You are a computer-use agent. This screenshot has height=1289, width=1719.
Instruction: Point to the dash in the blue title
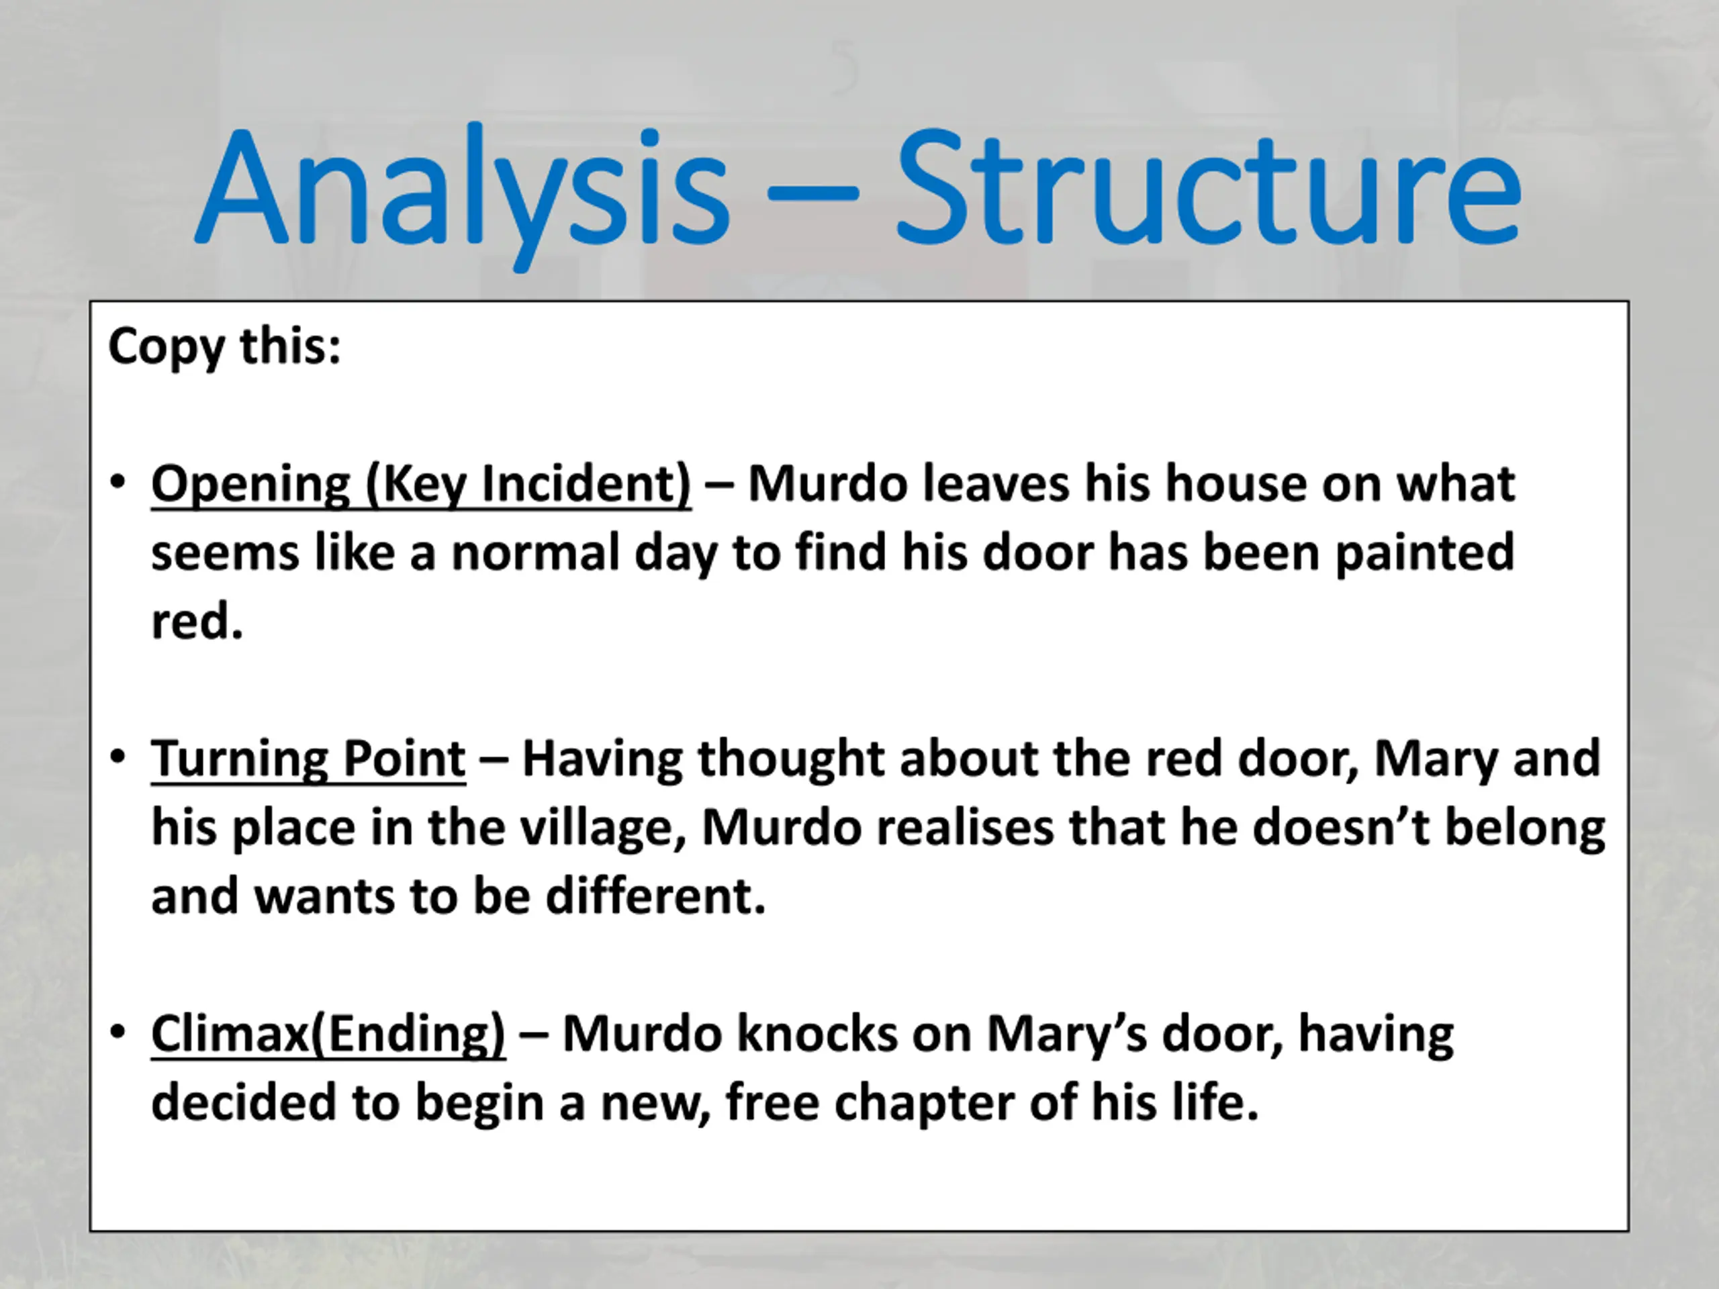(812, 191)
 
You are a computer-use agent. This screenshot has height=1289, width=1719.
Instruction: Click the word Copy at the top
(166, 347)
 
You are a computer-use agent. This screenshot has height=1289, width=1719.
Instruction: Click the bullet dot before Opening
(118, 483)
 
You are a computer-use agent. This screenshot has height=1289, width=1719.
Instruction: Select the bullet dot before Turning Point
(118, 757)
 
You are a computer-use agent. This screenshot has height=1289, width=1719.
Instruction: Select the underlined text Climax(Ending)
(328, 1036)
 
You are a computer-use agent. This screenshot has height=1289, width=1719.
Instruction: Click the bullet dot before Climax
(118, 1032)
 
